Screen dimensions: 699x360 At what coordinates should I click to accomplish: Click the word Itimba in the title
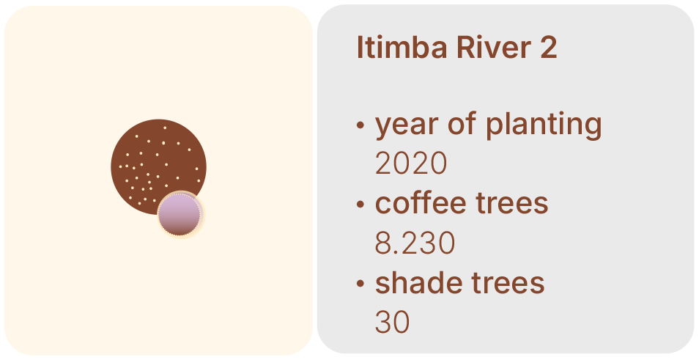click(x=402, y=47)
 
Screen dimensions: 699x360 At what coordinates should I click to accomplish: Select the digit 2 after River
click(x=549, y=47)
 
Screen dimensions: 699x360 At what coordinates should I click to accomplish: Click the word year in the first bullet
click(x=407, y=125)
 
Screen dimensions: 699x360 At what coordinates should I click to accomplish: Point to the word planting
click(x=544, y=125)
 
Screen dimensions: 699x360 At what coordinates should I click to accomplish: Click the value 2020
click(x=410, y=164)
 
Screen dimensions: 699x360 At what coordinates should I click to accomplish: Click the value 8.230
click(x=415, y=243)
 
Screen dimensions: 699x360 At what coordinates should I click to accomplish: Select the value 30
click(x=392, y=323)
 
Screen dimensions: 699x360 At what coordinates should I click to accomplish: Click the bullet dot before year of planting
click(x=360, y=125)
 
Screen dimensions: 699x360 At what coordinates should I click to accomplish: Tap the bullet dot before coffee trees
click(x=360, y=205)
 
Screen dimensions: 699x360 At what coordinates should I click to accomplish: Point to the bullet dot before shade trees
click(x=360, y=284)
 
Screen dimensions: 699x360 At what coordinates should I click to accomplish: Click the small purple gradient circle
click(x=180, y=215)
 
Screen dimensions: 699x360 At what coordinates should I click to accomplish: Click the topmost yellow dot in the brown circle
click(x=165, y=128)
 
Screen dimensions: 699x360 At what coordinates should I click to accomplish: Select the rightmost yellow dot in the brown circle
click(x=199, y=180)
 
